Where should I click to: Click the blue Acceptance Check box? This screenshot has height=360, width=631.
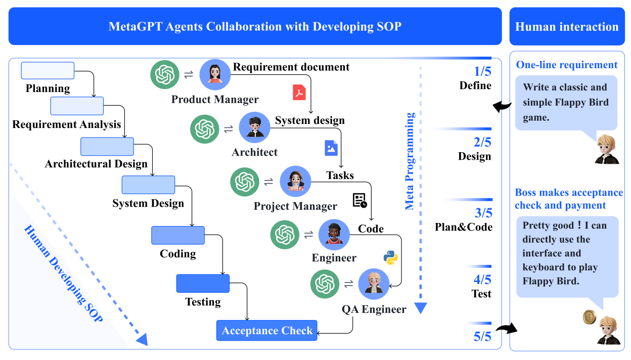tap(267, 331)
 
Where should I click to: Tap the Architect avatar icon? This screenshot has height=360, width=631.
tap(254, 127)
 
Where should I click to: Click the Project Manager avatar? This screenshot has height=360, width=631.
tap(295, 181)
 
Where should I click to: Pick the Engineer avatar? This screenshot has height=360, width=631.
tap(334, 235)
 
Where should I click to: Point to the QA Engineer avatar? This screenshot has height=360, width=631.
tap(374, 284)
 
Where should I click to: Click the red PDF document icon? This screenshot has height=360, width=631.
tap(300, 93)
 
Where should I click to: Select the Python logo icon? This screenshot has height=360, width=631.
tap(390, 257)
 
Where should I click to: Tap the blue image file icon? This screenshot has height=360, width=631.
tap(331, 148)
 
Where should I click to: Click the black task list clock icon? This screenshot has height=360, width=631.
tap(359, 200)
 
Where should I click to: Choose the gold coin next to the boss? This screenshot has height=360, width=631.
tap(590, 317)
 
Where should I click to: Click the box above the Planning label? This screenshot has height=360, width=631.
tap(48, 70)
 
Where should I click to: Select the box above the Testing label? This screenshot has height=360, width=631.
tap(203, 283)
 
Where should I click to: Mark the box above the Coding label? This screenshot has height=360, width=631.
tap(178, 235)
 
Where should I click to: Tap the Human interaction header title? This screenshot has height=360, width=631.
tap(567, 27)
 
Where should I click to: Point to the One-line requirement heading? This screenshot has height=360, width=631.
tap(567, 65)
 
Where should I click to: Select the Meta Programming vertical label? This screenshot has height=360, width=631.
tap(410, 161)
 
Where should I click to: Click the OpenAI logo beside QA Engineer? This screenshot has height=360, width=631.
tap(324, 284)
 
